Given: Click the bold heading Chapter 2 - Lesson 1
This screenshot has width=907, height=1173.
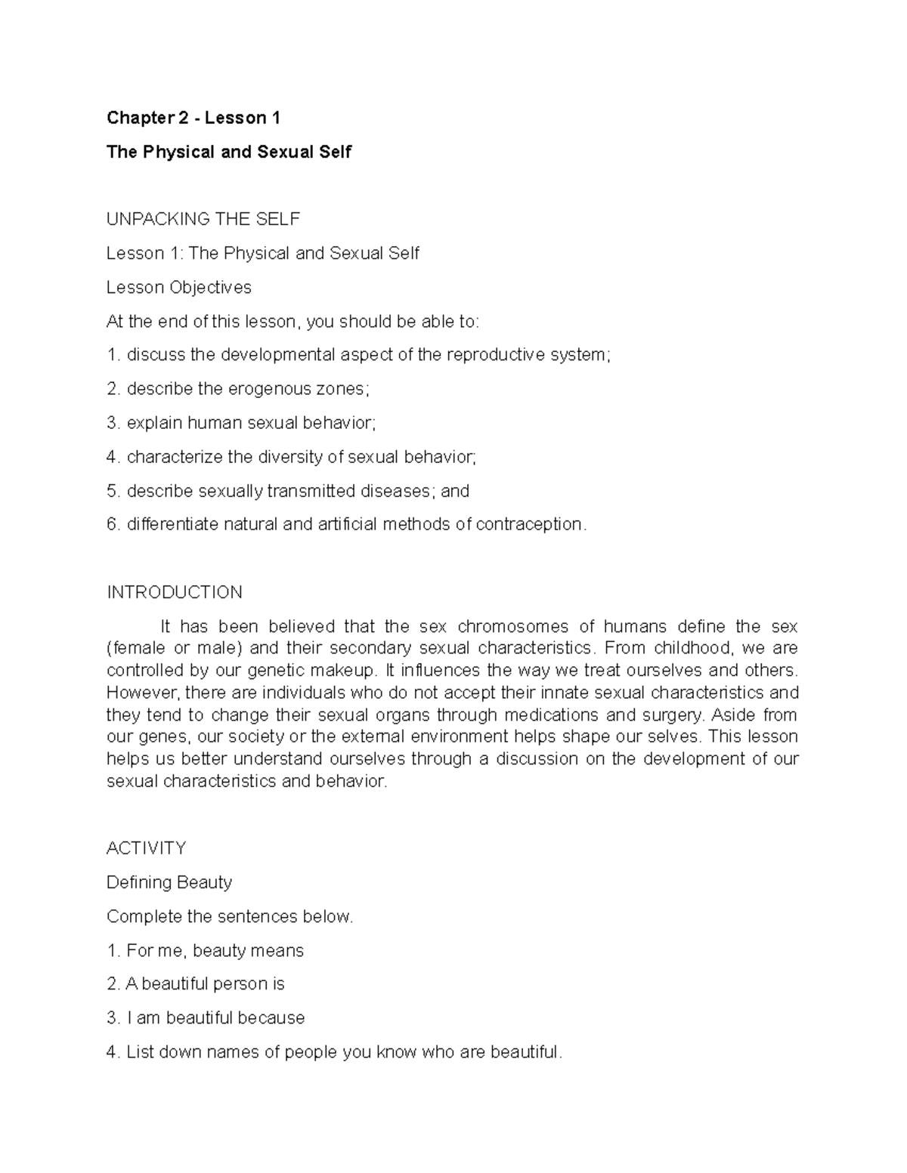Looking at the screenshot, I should tap(193, 118).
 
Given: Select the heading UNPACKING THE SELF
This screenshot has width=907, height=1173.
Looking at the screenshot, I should tap(203, 219).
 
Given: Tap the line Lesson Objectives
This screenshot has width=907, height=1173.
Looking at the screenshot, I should tap(179, 287).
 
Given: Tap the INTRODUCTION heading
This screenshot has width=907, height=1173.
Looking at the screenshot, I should tap(175, 592).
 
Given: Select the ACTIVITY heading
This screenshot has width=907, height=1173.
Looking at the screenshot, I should tap(146, 848).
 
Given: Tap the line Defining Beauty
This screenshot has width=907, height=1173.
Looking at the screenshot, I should tap(169, 882).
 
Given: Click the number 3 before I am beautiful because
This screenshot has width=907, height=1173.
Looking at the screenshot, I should tap(112, 1018).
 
